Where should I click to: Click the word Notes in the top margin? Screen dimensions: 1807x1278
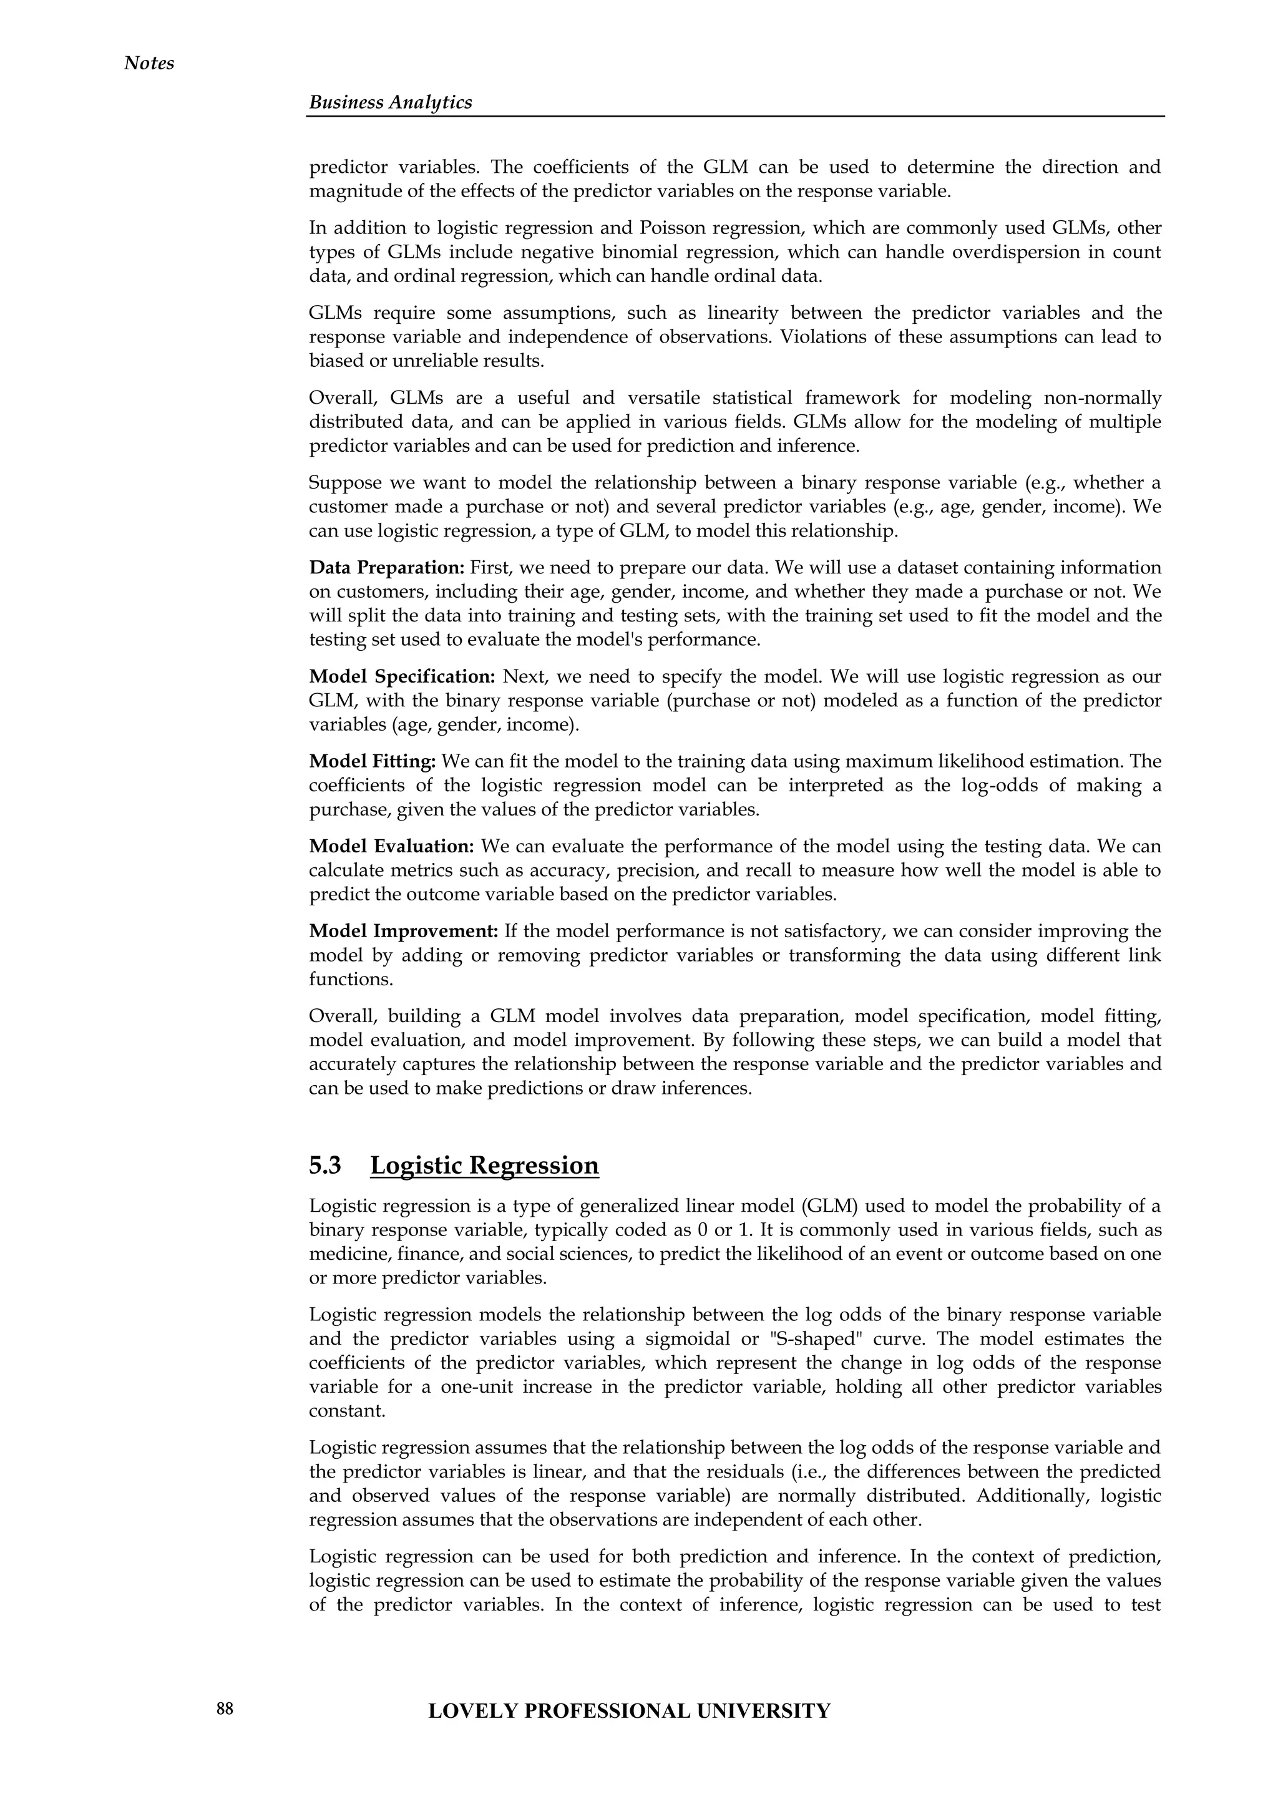149,63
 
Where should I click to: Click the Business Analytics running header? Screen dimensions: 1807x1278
390,102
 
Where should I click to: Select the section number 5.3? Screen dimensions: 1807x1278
325,1165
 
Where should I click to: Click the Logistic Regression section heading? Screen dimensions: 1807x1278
484,1165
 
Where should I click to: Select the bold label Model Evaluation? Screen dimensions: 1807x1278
391,846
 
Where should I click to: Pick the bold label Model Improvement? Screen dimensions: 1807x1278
404,931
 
